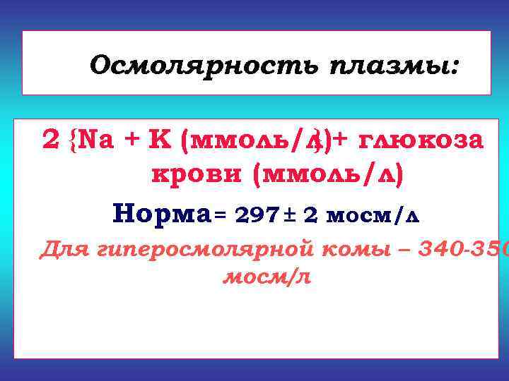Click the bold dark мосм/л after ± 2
[372, 214]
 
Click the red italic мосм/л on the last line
[267, 277]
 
